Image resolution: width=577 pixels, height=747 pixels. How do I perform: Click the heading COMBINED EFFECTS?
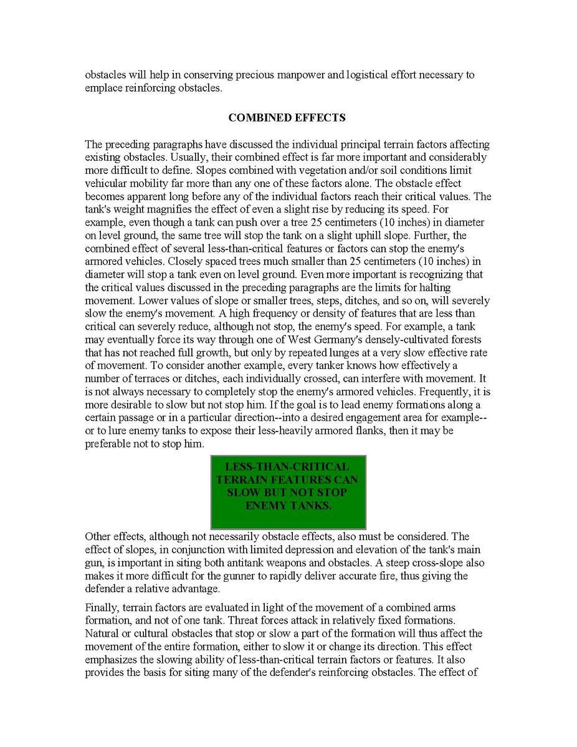tap(287, 117)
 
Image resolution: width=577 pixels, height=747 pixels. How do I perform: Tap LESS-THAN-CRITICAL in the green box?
tap(287, 467)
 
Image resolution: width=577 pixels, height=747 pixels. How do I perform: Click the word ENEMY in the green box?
tap(266, 506)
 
